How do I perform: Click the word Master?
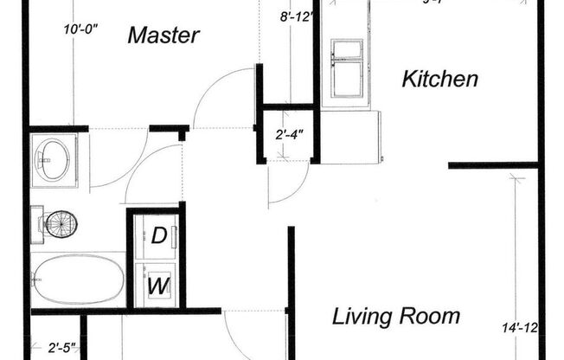coord(163,35)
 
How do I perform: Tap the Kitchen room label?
coord(440,80)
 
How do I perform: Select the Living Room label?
coord(396,316)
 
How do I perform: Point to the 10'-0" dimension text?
coord(81,29)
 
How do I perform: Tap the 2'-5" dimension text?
coord(62,349)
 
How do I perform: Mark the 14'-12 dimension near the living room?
coord(520,327)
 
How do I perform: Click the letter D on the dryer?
coord(159,235)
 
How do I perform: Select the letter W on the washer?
coord(158,285)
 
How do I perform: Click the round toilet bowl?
coord(62,226)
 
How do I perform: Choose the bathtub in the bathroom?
coord(78,279)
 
